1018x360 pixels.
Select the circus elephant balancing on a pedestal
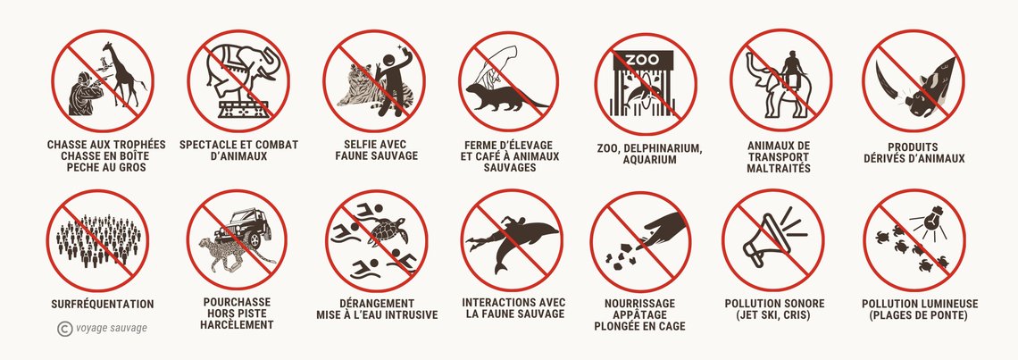(240, 71)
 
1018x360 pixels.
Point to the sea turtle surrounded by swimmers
(387, 231)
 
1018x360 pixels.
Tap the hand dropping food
(663, 230)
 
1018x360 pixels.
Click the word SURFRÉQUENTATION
(103, 304)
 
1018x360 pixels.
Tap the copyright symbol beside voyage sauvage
(64, 329)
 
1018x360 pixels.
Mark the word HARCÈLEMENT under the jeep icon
(237, 325)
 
